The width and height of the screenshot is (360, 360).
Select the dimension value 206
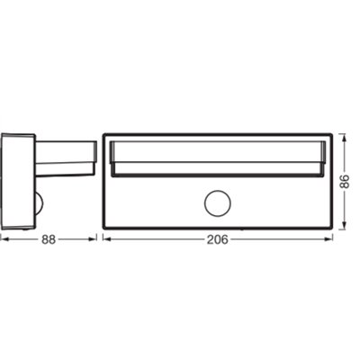(217, 239)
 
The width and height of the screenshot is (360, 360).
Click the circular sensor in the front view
(216, 203)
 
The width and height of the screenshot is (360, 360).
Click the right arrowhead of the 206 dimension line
(330, 239)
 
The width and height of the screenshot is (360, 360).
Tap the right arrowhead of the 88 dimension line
(94, 239)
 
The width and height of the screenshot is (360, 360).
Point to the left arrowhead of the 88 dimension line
(3, 239)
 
